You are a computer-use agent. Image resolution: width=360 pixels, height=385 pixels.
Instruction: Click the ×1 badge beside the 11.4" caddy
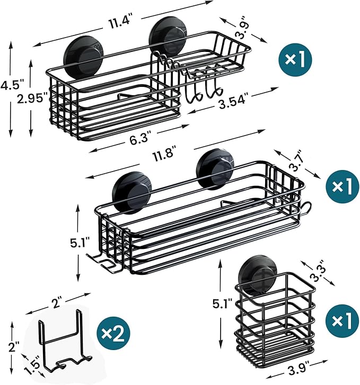coord(296,59)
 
